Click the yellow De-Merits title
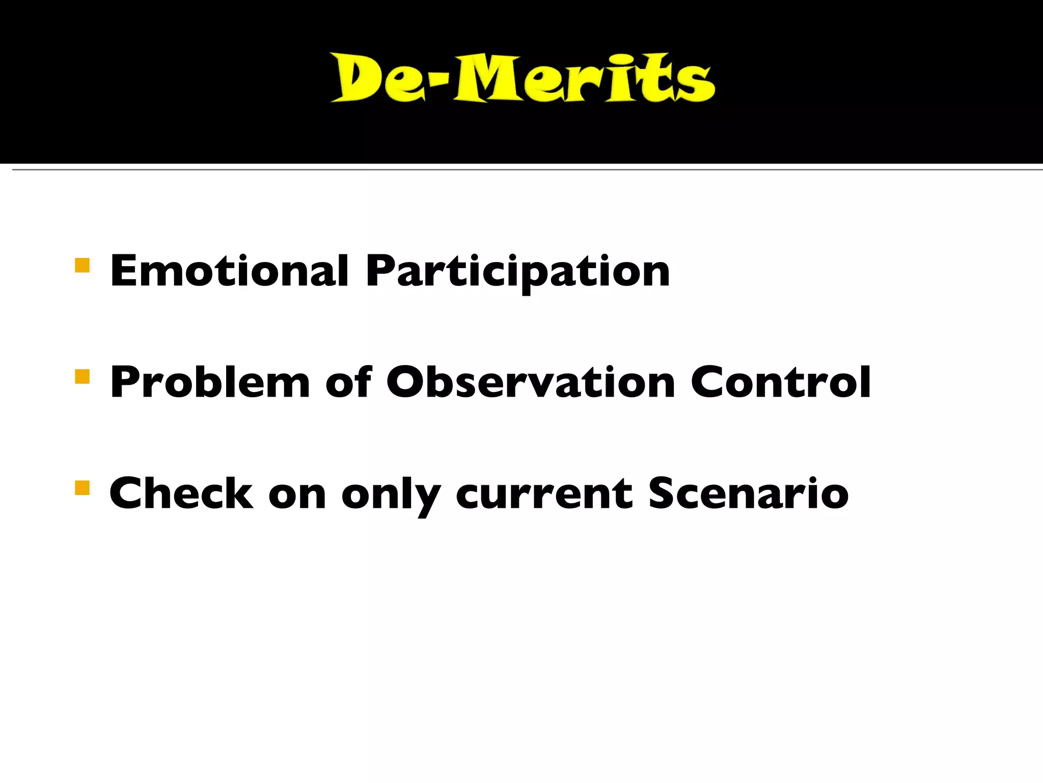522,78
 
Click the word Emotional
229,271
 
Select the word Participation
517,272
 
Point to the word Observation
530,382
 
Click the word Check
181,493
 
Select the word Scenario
748,493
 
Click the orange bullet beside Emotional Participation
82,266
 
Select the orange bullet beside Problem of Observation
82,377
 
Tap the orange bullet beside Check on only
82,488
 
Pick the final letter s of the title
695,84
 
